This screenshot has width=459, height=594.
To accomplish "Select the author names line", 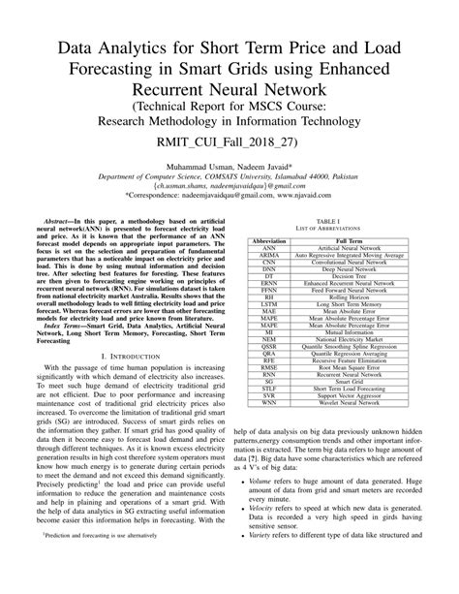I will (229, 167).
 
